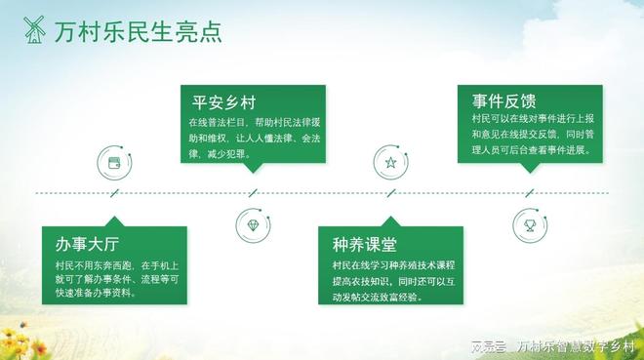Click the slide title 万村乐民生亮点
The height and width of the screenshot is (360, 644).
point(138,32)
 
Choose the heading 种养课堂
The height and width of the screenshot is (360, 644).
point(365,244)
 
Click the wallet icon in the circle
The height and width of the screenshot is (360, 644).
point(114,162)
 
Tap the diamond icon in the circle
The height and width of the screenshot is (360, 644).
point(253,225)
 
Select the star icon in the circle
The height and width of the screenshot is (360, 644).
point(390,162)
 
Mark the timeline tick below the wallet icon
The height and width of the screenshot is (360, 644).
point(114,193)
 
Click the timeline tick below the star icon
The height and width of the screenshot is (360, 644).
point(390,193)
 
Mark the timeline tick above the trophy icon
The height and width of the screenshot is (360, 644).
point(530,193)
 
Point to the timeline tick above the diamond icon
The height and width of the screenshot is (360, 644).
point(253,193)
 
